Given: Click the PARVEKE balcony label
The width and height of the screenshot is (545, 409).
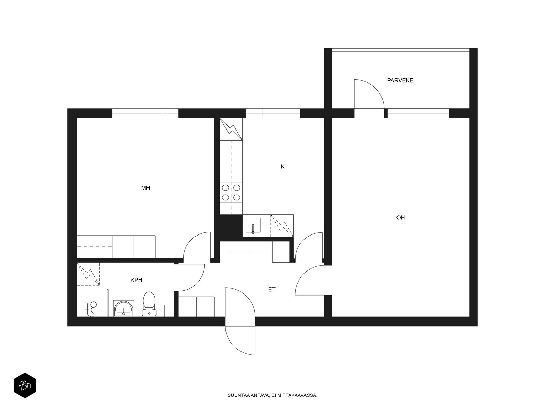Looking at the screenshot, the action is [x=400, y=80].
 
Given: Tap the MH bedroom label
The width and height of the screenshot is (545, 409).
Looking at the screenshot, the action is [x=145, y=188].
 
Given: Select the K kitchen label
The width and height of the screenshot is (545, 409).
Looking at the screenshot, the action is [x=283, y=167].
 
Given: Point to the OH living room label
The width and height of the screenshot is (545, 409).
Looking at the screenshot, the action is [x=401, y=217].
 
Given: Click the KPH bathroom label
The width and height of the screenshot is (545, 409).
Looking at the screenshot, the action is [x=136, y=280].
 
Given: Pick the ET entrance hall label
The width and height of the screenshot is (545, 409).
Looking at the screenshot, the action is [x=272, y=289].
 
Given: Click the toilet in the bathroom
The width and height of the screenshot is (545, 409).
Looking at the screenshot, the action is [x=149, y=304].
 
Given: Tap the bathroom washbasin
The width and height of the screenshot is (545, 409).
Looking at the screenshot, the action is [x=124, y=308].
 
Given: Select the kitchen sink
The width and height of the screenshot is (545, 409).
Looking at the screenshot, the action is [x=253, y=226].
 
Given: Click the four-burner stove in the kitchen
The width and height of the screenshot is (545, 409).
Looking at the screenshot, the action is [x=231, y=193].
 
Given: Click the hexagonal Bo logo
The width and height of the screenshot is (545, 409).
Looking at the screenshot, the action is [x=25, y=385].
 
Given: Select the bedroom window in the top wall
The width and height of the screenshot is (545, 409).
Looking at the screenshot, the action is [x=145, y=113].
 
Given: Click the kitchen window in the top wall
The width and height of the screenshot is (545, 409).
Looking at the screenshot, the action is [x=273, y=113].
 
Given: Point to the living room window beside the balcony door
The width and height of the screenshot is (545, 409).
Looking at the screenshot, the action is [x=418, y=113].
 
